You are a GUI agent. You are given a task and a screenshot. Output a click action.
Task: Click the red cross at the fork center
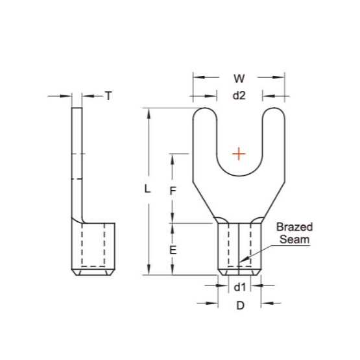pos(239,154)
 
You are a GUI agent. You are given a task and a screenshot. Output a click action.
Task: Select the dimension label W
pos(239,78)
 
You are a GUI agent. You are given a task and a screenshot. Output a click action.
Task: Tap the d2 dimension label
pos(239,95)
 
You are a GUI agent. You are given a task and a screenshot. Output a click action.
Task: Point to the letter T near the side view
pos(108,96)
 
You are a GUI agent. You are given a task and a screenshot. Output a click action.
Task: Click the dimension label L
pos(147,189)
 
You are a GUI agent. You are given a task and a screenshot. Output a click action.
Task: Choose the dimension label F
pos(173,191)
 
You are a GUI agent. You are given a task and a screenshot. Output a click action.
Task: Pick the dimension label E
pos(173,250)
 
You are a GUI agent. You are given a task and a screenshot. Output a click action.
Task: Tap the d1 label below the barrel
pos(240,287)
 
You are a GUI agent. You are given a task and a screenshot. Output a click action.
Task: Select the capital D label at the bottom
pos(241,306)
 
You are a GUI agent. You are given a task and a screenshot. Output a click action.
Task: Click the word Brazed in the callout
pos(294,227)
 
